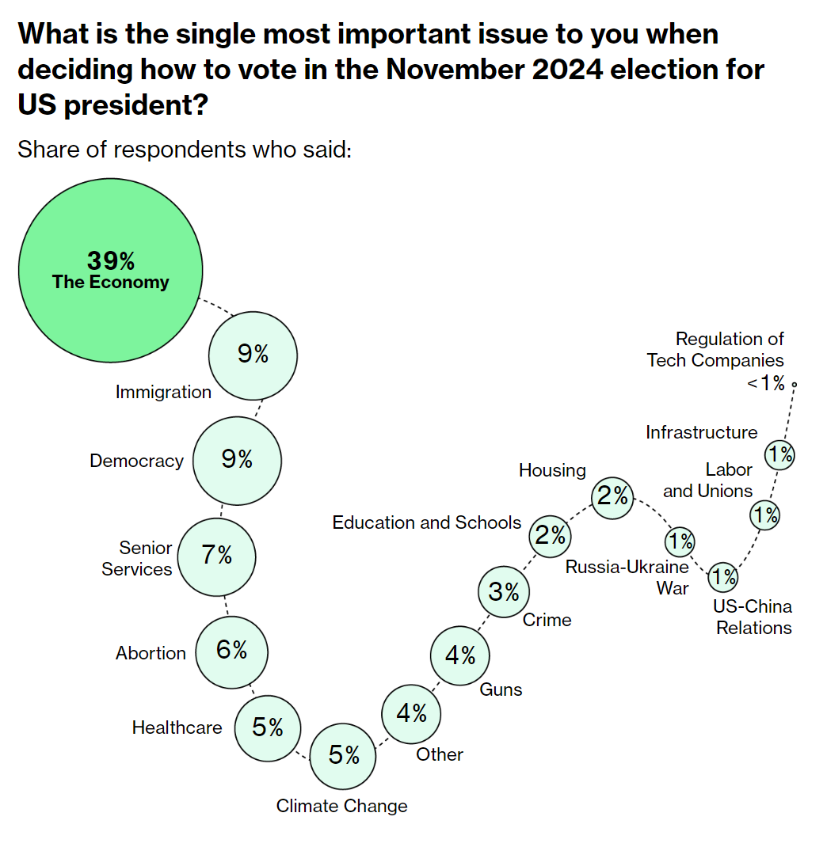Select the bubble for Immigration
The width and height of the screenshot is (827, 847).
[253, 355]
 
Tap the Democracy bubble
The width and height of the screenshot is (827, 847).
[237, 460]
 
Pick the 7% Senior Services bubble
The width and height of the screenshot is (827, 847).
[216, 556]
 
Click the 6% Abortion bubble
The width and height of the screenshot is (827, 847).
[232, 651]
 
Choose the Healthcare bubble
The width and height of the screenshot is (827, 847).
[268, 727]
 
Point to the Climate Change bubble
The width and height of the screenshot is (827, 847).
[344, 756]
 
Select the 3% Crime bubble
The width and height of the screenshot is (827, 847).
[504, 592]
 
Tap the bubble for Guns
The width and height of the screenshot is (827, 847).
[459, 655]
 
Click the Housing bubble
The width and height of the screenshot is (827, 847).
[613, 496]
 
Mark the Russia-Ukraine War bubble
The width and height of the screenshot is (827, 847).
[680, 542]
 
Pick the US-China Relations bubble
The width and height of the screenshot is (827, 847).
[722, 577]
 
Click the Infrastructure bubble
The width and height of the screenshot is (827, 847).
[779, 455]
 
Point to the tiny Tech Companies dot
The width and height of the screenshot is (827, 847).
[794, 385]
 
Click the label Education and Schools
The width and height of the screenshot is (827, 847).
[426, 522]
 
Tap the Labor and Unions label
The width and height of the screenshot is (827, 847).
[707, 480]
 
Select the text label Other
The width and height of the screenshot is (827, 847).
[440, 754]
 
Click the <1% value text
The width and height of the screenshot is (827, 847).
[765, 385]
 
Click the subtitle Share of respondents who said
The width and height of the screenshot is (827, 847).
[184, 150]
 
